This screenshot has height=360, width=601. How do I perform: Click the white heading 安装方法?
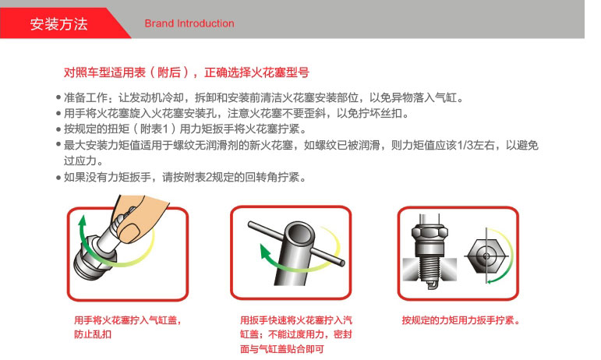(58, 23)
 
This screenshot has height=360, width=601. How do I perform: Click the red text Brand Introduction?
(189, 23)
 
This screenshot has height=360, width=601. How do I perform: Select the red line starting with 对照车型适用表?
(186, 72)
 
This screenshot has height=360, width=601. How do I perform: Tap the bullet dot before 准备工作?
(58, 97)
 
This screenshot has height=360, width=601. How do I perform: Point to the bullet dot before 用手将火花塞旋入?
(58, 113)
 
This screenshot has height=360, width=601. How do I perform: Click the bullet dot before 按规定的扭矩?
(58, 129)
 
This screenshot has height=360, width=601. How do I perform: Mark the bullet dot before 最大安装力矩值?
(58, 144)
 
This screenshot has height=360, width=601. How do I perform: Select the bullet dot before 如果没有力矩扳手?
(58, 178)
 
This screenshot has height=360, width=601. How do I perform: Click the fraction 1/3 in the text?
(465, 145)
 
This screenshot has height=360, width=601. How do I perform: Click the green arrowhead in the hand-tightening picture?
(82, 221)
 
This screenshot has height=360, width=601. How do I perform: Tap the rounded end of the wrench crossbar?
(341, 263)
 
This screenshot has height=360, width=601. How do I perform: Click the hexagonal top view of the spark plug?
(486, 256)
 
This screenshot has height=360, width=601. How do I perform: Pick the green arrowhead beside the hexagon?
(490, 281)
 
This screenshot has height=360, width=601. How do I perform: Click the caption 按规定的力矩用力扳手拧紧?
(461, 320)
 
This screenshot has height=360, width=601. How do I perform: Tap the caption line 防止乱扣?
(93, 334)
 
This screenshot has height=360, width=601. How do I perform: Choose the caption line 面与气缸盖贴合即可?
(281, 349)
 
